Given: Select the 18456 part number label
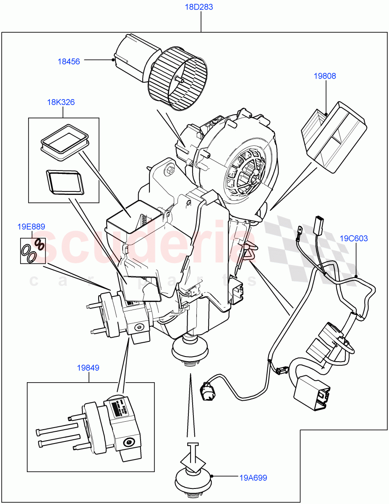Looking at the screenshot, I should tap(68, 61).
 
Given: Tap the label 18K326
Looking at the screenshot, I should tap(61, 102).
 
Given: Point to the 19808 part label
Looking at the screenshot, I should tap(325, 76).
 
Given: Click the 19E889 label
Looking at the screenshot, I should tap(31, 227).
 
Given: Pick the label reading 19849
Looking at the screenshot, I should tap(88, 368).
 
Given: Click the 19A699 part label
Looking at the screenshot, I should tap(253, 478).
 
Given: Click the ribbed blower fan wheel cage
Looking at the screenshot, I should tap(179, 79).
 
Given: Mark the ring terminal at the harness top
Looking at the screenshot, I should tap(300, 230).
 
